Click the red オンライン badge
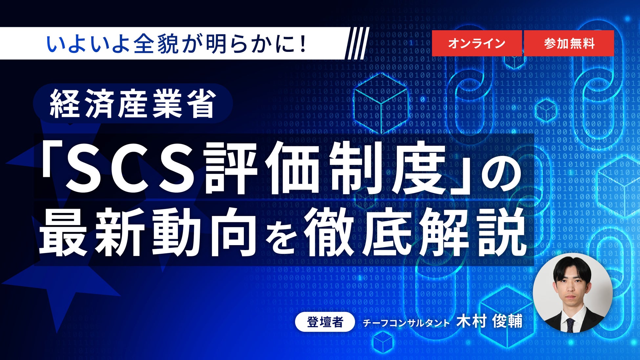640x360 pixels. point(477,43)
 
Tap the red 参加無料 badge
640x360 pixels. point(569,43)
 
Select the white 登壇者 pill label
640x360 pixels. point(325,322)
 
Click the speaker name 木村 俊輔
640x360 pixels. point(489,321)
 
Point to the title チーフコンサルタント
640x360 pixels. point(406,323)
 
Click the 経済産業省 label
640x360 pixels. point(133,103)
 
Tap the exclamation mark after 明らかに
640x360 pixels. point(303,44)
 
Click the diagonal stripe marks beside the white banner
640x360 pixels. point(357,43)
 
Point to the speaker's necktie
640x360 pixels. point(570,325)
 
